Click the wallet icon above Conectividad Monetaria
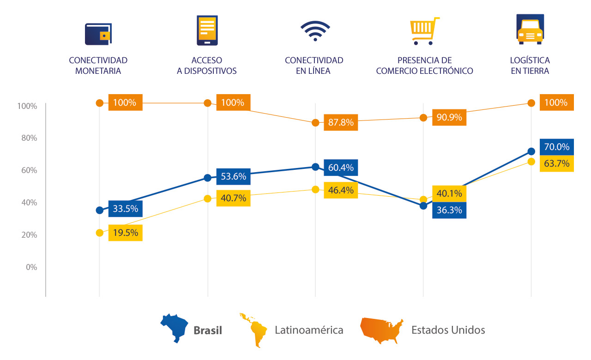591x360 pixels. [x=98, y=34]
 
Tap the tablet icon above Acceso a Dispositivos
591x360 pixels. [x=207, y=30]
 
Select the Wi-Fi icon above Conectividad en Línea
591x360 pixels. [x=315, y=30]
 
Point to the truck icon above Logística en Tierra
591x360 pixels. [x=530, y=29]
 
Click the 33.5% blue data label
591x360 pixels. [x=126, y=209]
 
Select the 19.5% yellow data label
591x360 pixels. [x=126, y=233]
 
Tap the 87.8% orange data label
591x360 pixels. [x=341, y=122]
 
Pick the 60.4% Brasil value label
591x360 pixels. [x=341, y=168]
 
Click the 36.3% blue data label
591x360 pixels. [x=449, y=210]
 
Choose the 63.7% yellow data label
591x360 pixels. [x=556, y=163]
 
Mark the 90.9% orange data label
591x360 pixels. [x=449, y=117]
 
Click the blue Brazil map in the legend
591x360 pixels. [x=174, y=328]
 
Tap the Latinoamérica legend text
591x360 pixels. [x=309, y=330]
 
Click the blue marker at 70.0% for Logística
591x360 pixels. [x=531, y=151]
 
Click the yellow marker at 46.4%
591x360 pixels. [x=315, y=190]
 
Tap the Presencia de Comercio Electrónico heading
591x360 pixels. [x=424, y=66]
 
